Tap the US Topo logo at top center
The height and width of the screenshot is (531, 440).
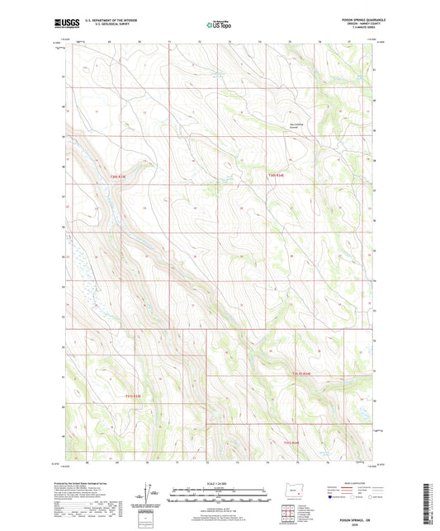tap(216, 26)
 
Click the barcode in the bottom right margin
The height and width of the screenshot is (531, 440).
tap(429, 505)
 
